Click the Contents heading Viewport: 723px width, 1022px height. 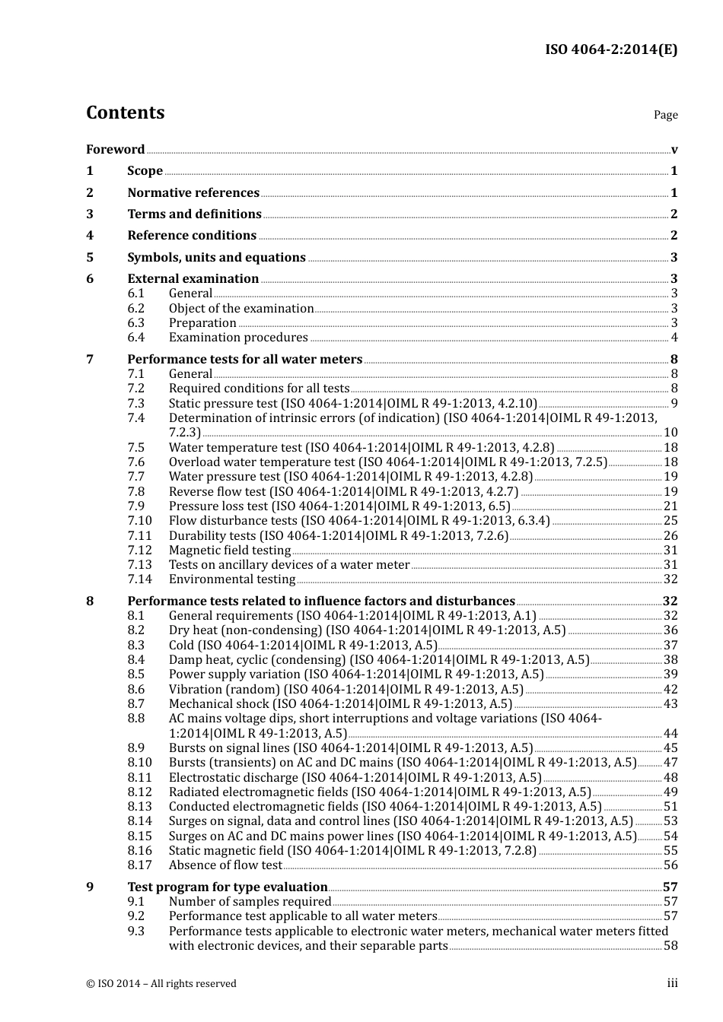click(125, 113)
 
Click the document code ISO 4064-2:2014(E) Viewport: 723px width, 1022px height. click(610, 49)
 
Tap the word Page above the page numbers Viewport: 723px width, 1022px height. click(665, 115)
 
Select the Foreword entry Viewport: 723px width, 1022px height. click(115, 150)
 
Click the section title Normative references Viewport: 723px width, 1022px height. click(193, 193)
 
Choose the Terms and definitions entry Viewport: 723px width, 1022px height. click(194, 214)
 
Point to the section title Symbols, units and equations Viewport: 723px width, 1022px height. click(216, 258)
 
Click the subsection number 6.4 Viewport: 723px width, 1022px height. click(135, 338)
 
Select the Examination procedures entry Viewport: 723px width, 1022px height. click(238, 338)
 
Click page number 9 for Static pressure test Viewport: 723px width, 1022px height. click(674, 404)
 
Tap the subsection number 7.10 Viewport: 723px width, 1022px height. click(139, 521)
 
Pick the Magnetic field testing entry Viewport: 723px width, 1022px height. click(230, 551)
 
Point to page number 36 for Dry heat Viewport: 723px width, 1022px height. click(670, 630)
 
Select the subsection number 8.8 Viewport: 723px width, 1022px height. click(135, 719)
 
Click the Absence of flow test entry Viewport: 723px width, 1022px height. click(225, 865)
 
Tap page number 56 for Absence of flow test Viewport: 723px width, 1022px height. click(670, 865)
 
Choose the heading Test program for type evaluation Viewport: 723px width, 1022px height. click(227, 887)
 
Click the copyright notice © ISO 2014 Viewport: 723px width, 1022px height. click(161, 984)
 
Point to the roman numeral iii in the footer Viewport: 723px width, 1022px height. click(672, 983)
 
